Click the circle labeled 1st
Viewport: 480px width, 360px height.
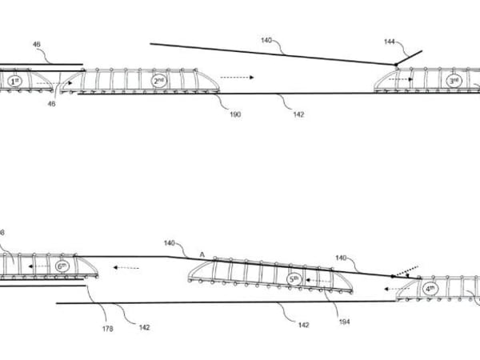[x=14, y=82]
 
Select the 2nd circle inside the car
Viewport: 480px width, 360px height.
[x=158, y=82]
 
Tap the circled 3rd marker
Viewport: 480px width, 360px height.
[x=453, y=82]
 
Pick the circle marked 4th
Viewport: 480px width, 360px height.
[x=430, y=288]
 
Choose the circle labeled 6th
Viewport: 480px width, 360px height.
[x=62, y=266]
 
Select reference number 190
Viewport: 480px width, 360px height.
[x=235, y=114]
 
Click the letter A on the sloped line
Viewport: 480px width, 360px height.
[x=202, y=254]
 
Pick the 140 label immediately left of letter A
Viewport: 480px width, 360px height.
[x=170, y=243]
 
